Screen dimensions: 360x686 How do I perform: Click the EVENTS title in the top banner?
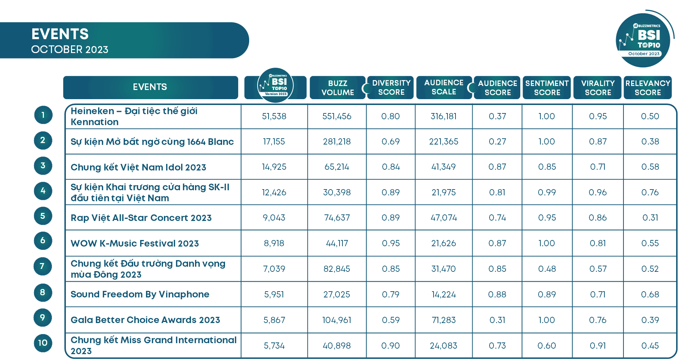[60, 34]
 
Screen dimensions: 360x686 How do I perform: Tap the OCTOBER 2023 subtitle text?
[70, 49]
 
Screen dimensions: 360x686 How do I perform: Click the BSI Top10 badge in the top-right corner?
[644, 40]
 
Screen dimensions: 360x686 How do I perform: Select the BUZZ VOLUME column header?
[337, 87]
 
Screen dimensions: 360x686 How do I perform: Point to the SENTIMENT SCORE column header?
[547, 87]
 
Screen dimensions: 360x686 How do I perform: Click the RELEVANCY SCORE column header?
[648, 87]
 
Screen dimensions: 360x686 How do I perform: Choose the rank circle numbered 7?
[43, 266]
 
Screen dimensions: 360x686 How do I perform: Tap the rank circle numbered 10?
[43, 343]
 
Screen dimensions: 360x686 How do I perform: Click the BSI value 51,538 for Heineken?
[274, 116]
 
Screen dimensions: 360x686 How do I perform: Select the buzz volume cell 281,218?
[337, 142]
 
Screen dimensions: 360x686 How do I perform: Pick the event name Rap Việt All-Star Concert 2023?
[141, 218]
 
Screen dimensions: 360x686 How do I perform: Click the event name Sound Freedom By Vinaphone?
[140, 294]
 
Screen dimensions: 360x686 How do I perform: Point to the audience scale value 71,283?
[443, 320]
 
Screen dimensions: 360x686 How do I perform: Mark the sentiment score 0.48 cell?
[547, 269]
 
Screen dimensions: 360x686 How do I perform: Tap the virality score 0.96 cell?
[597, 192]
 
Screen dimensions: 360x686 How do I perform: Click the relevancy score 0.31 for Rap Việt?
[650, 218]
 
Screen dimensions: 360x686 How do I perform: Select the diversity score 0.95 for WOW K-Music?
[390, 243]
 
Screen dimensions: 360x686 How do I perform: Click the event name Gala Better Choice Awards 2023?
[145, 320]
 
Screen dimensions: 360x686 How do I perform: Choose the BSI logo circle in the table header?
[275, 85]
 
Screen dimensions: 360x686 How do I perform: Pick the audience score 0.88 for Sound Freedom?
[497, 295]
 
